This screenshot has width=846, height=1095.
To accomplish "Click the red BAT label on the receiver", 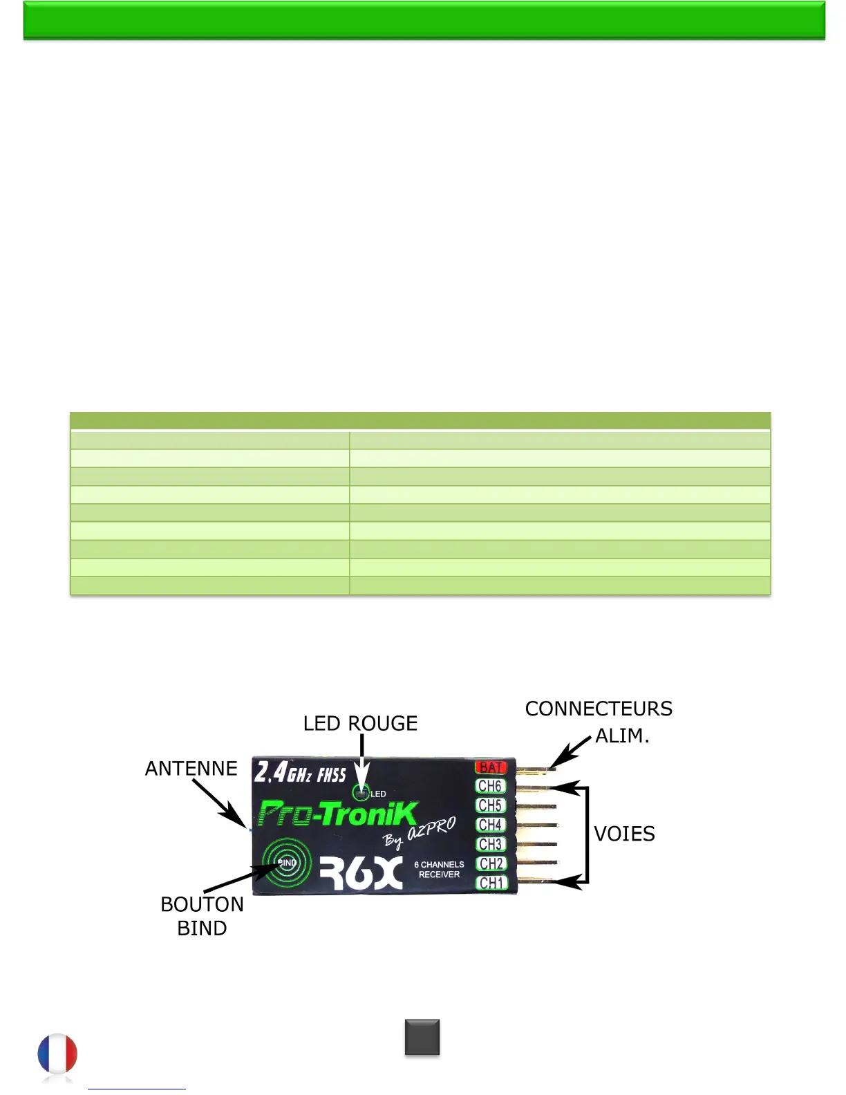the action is [491, 767].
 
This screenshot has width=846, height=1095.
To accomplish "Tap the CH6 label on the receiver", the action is [490, 786].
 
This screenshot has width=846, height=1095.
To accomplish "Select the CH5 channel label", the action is [490, 805].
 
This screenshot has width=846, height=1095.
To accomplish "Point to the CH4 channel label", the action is [490, 825].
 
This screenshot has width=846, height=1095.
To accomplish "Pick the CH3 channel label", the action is [490, 844].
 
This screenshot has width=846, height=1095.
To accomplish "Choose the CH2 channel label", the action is [491, 863].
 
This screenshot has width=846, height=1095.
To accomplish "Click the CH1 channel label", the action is [491, 883].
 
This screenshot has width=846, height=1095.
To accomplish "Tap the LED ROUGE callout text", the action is [360, 723].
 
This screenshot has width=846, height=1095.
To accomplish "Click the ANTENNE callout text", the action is [191, 768].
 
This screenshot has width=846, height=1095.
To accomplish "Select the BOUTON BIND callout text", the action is [202, 916].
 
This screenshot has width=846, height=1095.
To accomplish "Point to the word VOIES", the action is [624, 834].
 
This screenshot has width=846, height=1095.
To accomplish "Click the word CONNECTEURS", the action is [599, 709].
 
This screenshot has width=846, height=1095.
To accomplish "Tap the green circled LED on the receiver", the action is [361, 793].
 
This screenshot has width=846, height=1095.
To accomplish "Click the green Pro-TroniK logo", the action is [337, 814].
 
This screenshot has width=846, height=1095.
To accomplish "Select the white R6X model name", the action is [361, 873].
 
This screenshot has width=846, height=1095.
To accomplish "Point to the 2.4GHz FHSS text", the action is [300, 772].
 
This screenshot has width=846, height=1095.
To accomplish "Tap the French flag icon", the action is [57, 1055].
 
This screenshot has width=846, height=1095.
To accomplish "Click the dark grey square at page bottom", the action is [422, 1037].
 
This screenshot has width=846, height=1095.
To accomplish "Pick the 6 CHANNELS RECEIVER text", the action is [439, 870].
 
